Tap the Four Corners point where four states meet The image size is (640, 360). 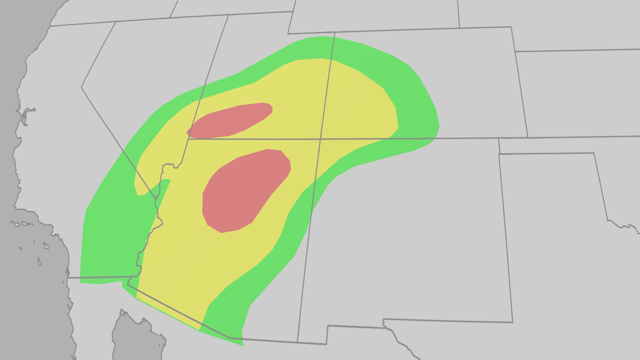320,139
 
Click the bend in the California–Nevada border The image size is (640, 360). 82,87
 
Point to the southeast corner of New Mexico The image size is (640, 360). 512,322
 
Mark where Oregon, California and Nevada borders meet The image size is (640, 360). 116,22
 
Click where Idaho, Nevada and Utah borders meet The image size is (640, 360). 228,15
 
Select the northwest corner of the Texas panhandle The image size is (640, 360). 499,154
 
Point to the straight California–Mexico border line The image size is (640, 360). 100,277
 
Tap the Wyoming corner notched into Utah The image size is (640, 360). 334,33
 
